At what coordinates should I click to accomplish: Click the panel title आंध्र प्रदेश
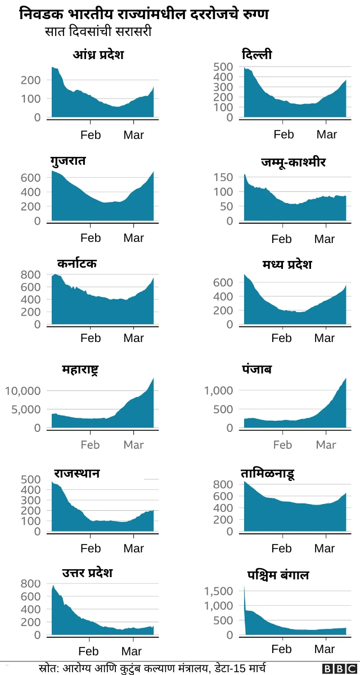pyautogui.click(x=98, y=55)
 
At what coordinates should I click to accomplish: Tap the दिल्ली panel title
pyautogui.click(x=256, y=55)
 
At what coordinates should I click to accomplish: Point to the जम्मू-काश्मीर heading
pyautogui.click(x=293, y=163)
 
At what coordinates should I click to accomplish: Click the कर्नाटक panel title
pyautogui.click(x=76, y=263)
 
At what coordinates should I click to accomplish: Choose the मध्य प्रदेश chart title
pyautogui.click(x=286, y=264)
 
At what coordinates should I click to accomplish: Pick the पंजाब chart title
pyautogui.click(x=256, y=370)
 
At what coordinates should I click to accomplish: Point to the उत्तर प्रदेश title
pyautogui.click(x=87, y=573)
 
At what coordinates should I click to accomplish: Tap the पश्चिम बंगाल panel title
pyautogui.click(x=278, y=575)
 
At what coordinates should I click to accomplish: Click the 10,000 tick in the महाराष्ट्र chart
pyautogui.click(x=22, y=391)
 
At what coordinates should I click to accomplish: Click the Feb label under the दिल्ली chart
pyautogui.click(x=283, y=134)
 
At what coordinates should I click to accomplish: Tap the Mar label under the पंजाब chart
pyautogui.click(x=326, y=445)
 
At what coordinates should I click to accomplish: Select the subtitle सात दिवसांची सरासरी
pyautogui.click(x=98, y=32)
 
